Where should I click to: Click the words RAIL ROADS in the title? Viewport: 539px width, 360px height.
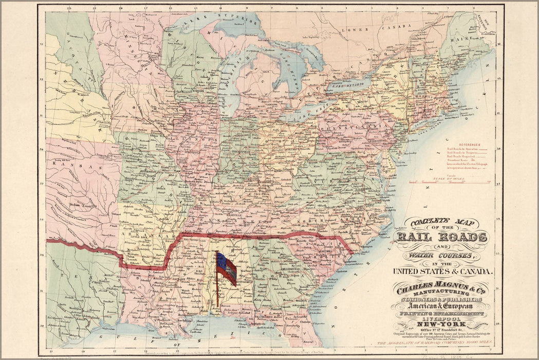(441, 237)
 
